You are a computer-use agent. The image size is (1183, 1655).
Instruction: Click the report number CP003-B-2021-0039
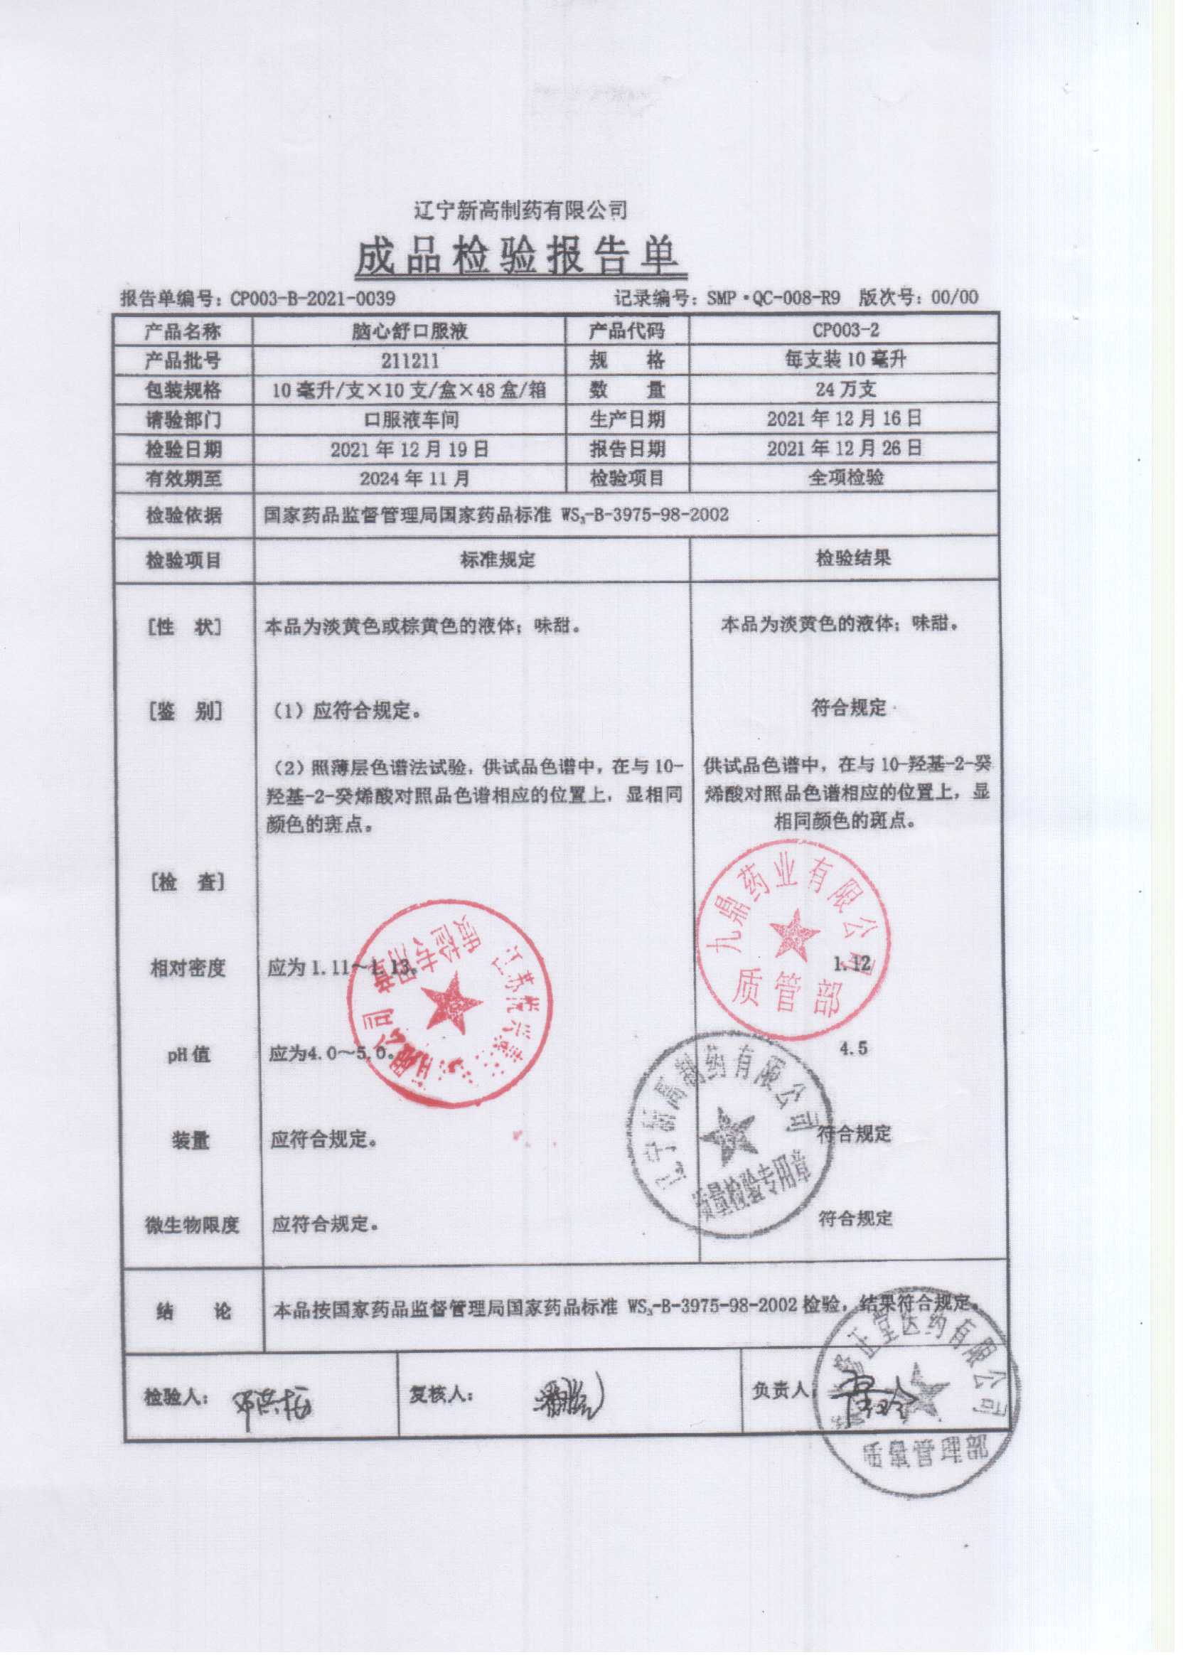(x=314, y=299)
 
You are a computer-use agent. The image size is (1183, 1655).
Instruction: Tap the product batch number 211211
(x=409, y=360)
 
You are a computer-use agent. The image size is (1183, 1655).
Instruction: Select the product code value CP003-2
(x=845, y=331)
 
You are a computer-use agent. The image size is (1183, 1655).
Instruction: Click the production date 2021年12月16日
(x=845, y=419)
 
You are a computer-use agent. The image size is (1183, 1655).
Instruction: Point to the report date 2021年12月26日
(x=845, y=449)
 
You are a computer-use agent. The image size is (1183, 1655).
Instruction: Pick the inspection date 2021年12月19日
(x=409, y=449)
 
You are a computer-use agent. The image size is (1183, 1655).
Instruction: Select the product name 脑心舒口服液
(x=409, y=332)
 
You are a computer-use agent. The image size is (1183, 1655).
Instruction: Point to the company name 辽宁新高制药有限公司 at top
(x=520, y=211)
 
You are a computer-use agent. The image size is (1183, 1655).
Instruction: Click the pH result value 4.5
(x=853, y=1048)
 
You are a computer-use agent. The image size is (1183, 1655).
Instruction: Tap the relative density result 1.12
(x=852, y=964)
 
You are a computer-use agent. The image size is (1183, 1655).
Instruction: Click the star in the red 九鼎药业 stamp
(x=793, y=934)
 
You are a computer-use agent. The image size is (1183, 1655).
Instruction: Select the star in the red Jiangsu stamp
(x=451, y=1002)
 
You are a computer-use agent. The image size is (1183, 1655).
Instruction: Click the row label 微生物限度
(x=191, y=1225)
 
